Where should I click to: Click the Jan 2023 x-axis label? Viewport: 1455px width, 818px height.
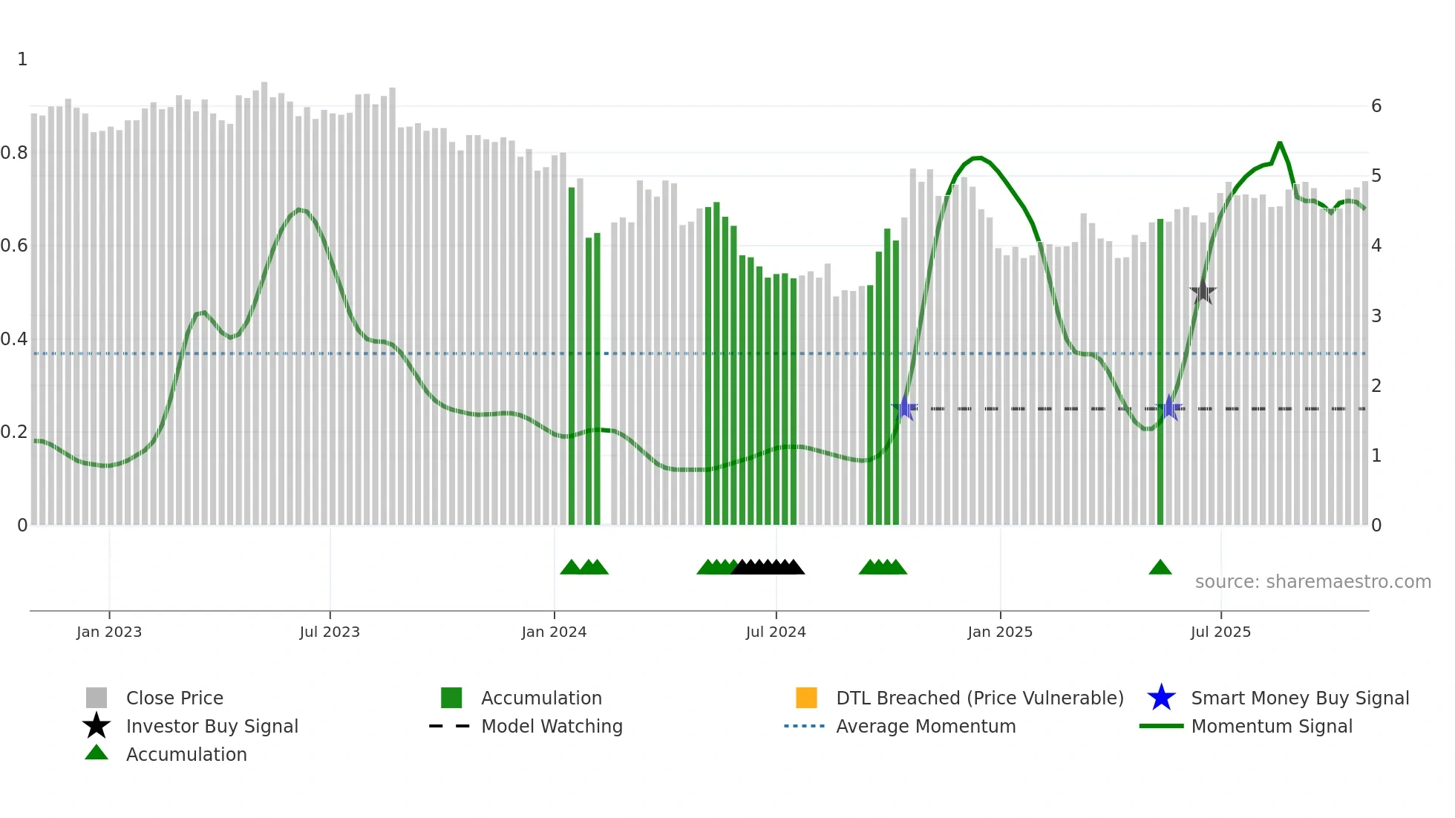[x=109, y=632]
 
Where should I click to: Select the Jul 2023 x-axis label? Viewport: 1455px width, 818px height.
[x=330, y=632]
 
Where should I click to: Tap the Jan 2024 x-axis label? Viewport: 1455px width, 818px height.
[x=554, y=632]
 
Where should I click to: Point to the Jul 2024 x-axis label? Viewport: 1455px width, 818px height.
[x=776, y=632]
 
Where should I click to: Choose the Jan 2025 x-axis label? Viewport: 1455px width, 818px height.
[x=1000, y=632]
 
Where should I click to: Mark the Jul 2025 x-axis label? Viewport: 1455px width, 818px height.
[x=1220, y=632]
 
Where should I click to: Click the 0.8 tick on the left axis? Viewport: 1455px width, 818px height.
[x=15, y=153]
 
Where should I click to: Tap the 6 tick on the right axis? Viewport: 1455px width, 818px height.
[x=1376, y=106]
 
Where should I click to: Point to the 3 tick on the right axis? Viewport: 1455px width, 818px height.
[x=1376, y=316]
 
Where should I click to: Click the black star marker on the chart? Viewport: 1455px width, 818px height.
[x=1203, y=292]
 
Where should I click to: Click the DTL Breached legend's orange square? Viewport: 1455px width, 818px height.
[x=806, y=698]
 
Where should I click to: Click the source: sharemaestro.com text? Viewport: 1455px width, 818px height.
[x=1312, y=582]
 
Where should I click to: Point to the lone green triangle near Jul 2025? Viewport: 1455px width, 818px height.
[x=1160, y=568]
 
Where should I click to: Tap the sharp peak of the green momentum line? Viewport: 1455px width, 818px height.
[x=1280, y=143]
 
